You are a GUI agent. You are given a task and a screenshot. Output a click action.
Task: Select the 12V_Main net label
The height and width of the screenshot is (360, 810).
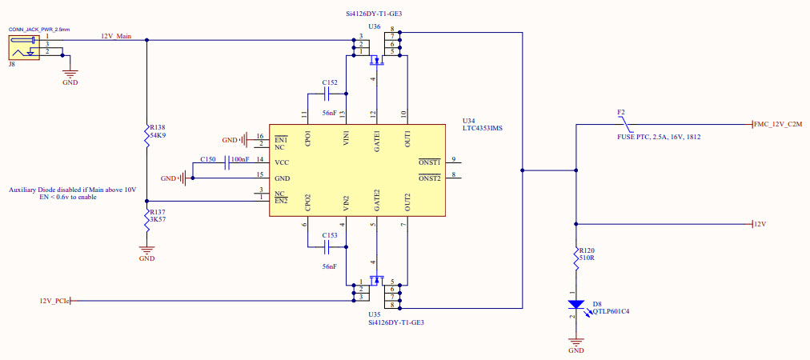coord(116,36)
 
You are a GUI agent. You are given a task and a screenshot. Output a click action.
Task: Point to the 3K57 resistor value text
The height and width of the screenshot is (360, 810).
coord(157,218)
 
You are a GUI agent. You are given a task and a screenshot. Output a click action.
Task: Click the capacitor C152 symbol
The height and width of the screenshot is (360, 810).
coord(329,94)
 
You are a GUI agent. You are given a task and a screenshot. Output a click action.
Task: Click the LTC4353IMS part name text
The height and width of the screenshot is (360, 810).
coord(483,128)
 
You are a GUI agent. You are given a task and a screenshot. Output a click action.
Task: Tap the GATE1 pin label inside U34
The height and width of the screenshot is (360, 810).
coord(376,137)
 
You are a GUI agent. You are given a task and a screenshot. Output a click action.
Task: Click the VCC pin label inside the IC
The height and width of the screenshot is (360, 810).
coord(281,162)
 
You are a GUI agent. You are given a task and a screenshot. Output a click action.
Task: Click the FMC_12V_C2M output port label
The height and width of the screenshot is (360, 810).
coord(779,125)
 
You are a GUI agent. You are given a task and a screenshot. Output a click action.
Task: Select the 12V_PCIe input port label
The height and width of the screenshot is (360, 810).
coord(54,301)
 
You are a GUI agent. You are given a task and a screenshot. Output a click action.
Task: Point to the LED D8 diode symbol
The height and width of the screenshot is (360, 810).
coord(575,305)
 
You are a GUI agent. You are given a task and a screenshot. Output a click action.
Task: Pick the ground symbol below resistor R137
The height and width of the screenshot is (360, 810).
coord(146,250)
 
